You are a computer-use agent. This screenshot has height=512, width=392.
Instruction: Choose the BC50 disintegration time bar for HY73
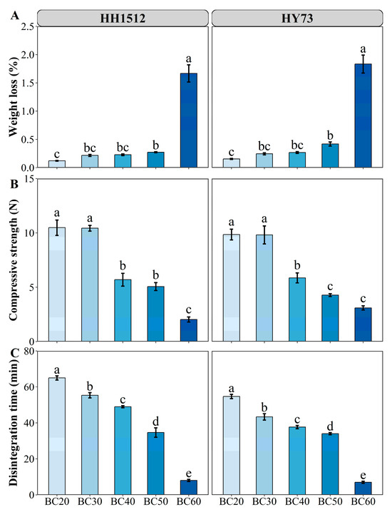(330, 464)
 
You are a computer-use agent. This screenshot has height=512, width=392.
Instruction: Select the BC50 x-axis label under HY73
(330, 504)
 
